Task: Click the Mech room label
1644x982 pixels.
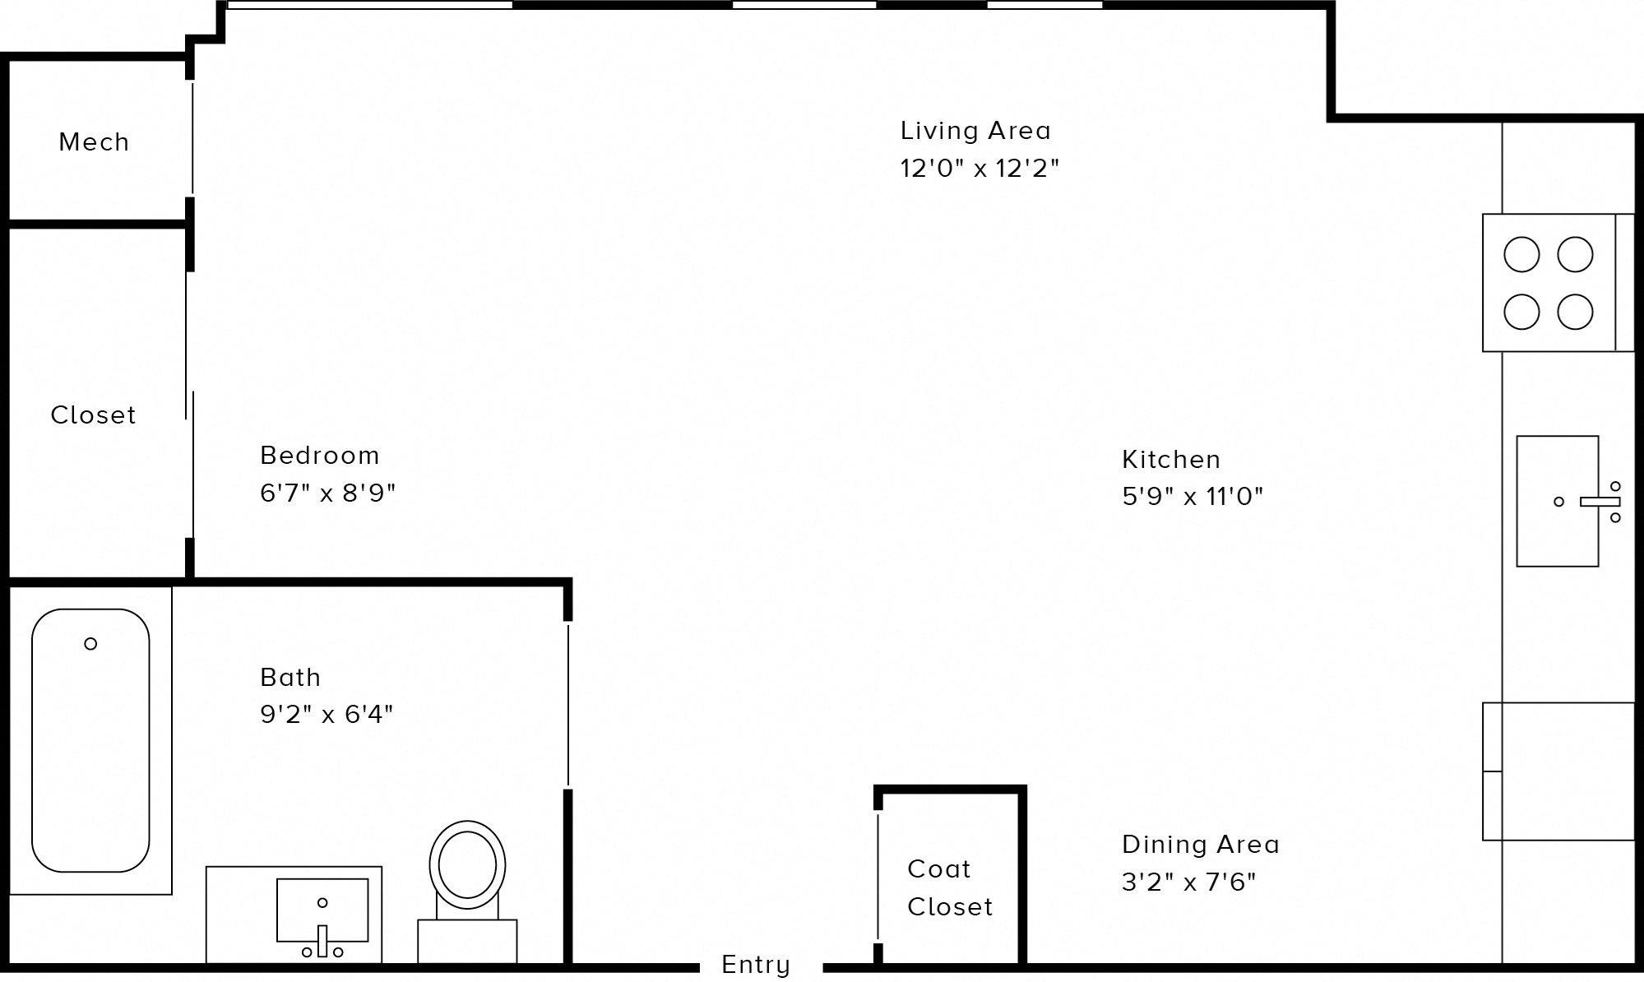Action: [x=94, y=142]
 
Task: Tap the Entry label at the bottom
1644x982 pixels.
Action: [x=755, y=964]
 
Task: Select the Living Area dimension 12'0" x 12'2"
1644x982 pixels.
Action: [x=979, y=169]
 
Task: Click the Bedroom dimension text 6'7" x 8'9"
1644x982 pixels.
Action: [x=327, y=493]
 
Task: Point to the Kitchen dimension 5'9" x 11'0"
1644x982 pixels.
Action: [x=1192, y=497]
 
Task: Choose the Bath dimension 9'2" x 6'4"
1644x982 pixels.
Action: [x=326, y=714]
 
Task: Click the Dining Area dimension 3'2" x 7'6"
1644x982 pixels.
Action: [x=1188, y=882]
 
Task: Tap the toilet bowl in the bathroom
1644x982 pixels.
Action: [x=467, y=865]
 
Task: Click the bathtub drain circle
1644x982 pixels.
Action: [x=90, y=644]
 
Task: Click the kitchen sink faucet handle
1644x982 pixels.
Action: [x=1600, y=502]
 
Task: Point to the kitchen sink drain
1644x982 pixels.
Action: [x=1558, y=502]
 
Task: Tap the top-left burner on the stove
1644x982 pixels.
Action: [x=1521, y=255]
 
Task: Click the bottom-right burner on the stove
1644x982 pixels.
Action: [x=1575, y=313]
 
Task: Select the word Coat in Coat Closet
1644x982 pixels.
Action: [x=938, y=869]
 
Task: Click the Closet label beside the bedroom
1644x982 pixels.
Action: [x=93, y=415]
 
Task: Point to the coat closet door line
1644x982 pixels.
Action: [x=878, y=876]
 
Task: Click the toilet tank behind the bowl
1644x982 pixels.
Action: [x=467, y=939]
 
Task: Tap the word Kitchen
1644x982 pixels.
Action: [x=1171, y=460]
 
